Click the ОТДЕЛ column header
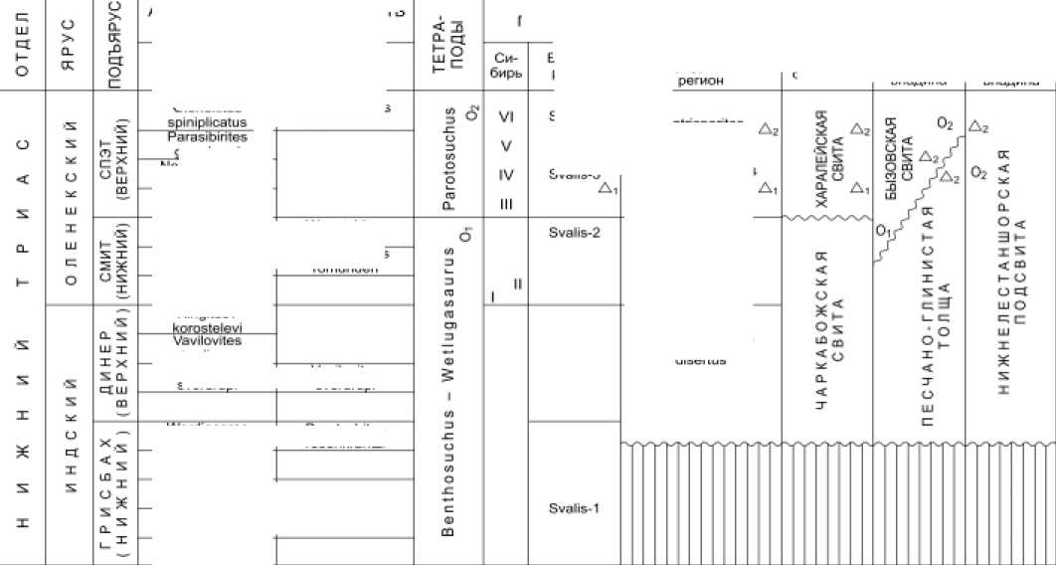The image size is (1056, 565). (x=23, y=47)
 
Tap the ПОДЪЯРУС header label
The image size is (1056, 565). (x=113, y=45)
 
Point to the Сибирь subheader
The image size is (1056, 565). (x=505, y=66)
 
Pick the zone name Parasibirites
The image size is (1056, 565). (x=207, y=136)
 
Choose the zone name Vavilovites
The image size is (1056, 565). (x=207, y=340)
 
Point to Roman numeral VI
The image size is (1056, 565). (x=505, y=116)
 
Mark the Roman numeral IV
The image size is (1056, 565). (x=505, y=175)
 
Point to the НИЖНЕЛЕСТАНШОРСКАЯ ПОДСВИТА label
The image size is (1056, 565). (x=1009, y=269)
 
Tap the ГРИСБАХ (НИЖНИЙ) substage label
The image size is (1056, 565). (x=113, y=492)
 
